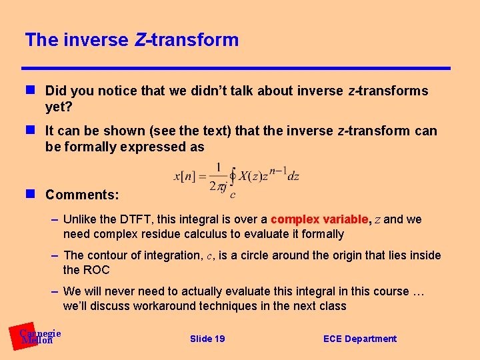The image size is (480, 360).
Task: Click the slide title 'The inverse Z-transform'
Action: (131, 40)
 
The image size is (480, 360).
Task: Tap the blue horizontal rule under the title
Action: (236, 68)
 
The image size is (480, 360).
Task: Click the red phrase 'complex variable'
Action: (319, 219)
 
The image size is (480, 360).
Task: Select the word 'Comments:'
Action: (82, 195)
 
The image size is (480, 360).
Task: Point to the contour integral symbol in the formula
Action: (233, 177)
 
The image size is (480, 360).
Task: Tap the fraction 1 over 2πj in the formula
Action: (217, 177)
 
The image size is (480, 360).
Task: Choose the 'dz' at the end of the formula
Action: (293, 177)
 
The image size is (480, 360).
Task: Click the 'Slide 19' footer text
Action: (207, 339)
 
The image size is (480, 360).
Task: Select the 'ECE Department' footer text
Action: (359, 339)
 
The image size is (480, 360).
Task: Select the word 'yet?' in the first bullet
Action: (58, 107)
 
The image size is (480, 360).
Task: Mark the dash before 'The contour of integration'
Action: (56, 255)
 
